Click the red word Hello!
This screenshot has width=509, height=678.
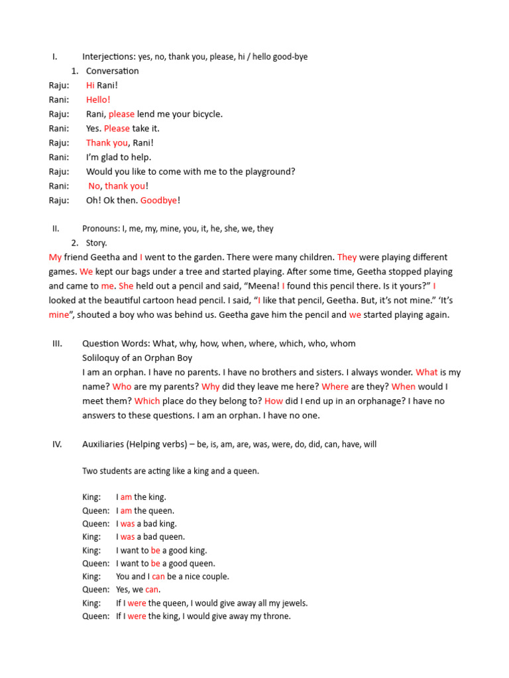coord(98,100)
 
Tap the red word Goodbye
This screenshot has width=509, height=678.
coord(158,201)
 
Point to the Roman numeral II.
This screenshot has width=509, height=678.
coord(56,228)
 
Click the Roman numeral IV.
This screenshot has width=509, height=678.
coord(57,444)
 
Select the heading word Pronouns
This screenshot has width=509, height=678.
coord(100,228)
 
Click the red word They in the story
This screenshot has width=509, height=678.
coord(347,258)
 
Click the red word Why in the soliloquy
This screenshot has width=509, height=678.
coord(211,387)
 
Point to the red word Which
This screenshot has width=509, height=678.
coord(147,401)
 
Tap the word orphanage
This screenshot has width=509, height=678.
coord(369,401)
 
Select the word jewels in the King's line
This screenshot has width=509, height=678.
coord(291,603)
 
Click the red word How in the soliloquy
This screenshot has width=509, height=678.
coord(274,401)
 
